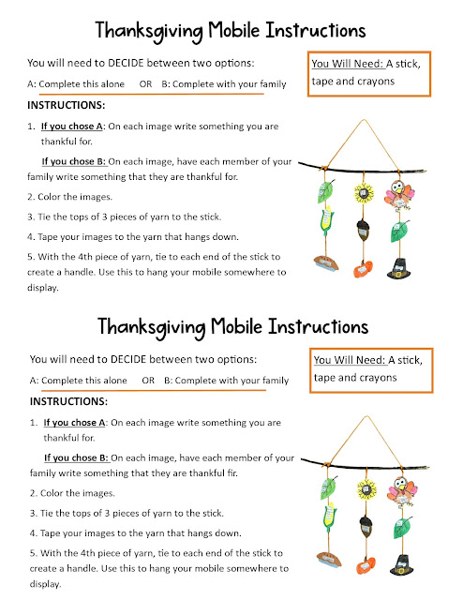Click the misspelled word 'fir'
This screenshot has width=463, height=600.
coord(275,474)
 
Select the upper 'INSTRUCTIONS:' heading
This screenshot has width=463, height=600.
coord(67,105)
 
